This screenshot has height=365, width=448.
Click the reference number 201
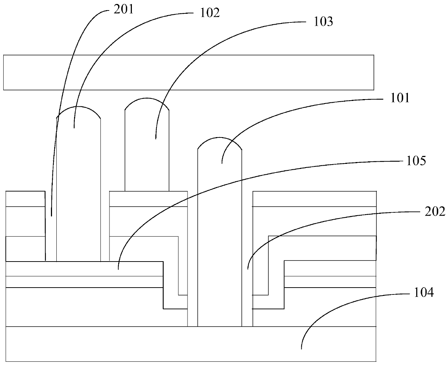124,9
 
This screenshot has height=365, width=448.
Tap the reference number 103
323,22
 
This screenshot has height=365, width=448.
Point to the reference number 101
400,98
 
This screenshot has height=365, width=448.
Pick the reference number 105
416,161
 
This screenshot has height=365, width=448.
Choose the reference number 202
435,212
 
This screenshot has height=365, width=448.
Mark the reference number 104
424,292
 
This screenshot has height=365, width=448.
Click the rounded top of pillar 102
78,113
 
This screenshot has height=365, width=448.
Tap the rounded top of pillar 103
147,104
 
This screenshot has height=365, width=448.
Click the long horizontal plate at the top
188,72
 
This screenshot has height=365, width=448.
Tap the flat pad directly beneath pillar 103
148,199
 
